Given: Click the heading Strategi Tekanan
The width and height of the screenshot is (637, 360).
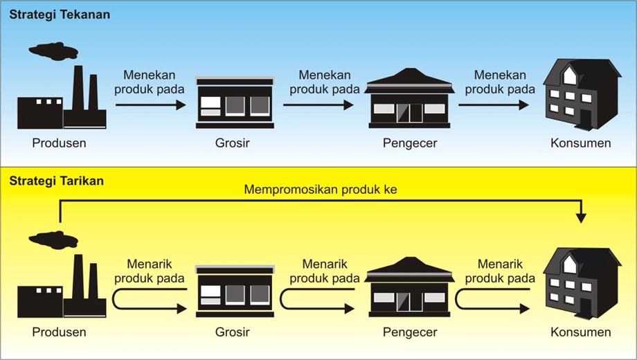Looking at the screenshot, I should coord(59,15).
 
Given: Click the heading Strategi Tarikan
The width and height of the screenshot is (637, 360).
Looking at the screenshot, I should coord(57,181).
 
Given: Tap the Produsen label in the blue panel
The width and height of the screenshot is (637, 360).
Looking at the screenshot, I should coord(60,143).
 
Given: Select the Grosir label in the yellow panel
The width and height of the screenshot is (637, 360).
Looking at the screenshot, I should coord(232,332).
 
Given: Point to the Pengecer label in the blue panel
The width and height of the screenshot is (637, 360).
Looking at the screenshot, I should coord(410,143).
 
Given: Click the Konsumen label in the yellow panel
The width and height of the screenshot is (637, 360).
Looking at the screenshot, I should coord(581,332).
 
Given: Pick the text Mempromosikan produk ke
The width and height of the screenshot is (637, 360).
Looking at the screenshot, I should coord(320,189).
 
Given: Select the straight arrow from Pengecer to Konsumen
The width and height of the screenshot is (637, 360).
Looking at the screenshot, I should coord(493,105).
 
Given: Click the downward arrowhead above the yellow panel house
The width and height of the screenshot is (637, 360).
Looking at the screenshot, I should coord(581,217).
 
